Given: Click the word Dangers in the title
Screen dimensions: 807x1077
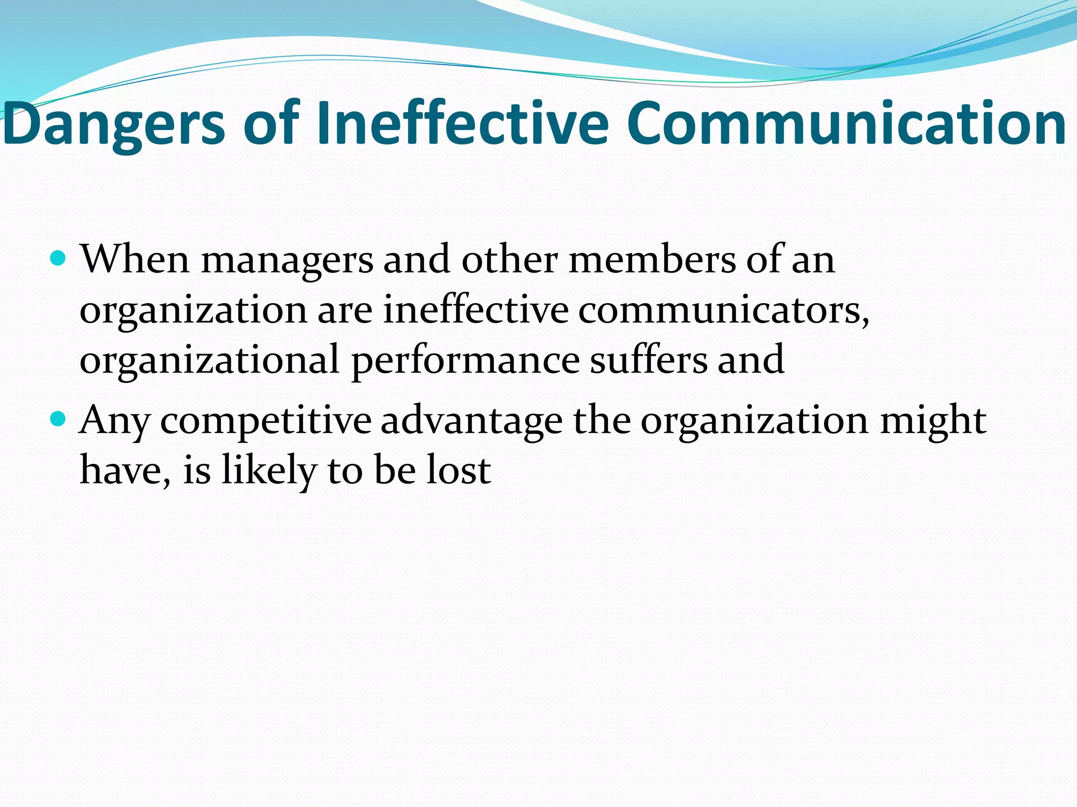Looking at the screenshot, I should coord(114,124).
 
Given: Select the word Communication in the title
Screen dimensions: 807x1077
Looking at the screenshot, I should coord(846,124).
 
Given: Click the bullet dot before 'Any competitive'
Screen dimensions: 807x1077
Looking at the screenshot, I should coord(58,419).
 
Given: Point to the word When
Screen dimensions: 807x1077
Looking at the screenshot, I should coord(134,259).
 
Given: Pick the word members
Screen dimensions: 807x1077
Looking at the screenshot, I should coord(652,259).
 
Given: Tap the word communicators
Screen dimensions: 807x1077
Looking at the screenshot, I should coord(723,310).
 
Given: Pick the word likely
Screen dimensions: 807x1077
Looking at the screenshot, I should coord(269,470).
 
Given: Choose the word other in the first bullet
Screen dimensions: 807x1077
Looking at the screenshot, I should coord(510,259).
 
